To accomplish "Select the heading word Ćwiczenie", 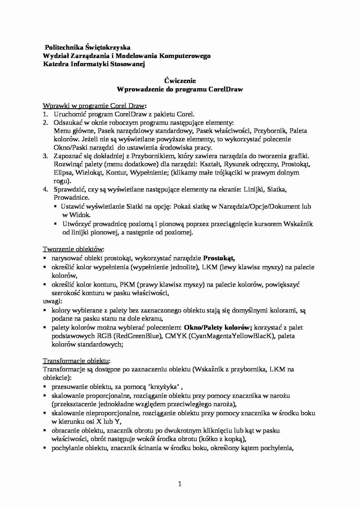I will click(180, 81).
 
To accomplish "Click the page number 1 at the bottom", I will click(180, 484).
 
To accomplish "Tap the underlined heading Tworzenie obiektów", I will click(73, 249).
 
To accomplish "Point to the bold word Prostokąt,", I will click(219, 258).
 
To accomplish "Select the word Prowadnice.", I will click(71, 198).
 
